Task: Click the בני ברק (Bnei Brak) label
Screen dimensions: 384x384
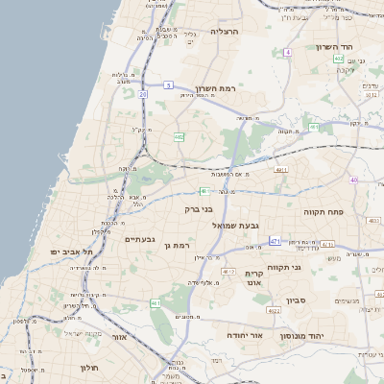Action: coord(198,207)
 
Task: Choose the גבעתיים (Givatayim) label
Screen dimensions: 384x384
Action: coord(140,239)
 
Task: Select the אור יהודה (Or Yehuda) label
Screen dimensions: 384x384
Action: coord(245,335)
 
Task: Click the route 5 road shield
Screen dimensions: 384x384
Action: coord(168,85)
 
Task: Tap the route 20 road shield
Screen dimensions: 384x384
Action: coord(143,94)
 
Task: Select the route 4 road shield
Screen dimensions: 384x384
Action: coord(288,52)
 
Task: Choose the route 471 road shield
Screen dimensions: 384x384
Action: coord(276,241)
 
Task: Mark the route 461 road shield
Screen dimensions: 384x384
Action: coord(156,303)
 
